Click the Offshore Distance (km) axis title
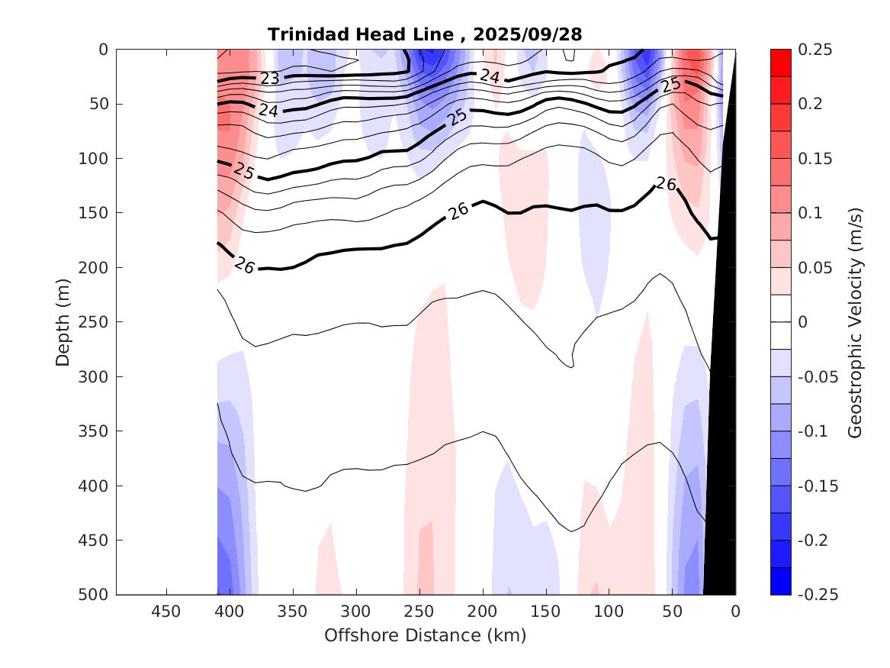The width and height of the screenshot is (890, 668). [x=426, y=635]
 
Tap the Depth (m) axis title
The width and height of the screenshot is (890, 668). [x=63, y=321]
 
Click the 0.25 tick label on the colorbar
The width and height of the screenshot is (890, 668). [x=814, y=50]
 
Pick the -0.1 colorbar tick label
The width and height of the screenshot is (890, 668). [x=814, y=431]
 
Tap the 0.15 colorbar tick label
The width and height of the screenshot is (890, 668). [x=814, y=159]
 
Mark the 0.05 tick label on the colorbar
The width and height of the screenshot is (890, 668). [x=814, y=268]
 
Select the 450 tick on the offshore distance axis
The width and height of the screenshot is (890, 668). [x=166, y=612]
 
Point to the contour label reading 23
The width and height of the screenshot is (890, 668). [x=269, y=78]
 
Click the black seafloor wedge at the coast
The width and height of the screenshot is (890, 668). [x=723, y=382]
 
